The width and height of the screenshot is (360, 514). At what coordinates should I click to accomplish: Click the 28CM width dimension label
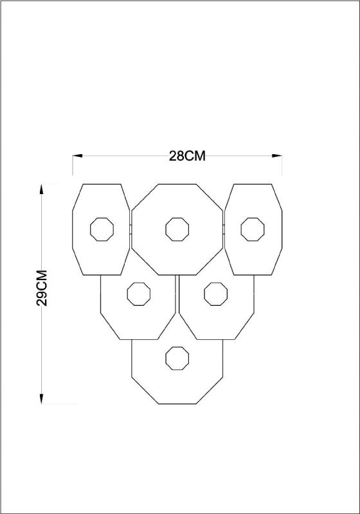[x=187, y=155]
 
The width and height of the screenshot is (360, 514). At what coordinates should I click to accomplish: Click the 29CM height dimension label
[x=42, y=288]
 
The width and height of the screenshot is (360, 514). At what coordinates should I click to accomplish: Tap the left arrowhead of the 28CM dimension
[x=77, y=155]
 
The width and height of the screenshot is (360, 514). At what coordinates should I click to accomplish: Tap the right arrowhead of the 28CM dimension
[x=277, y=155]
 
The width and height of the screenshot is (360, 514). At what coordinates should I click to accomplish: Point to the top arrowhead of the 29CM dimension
[x=41, y=189]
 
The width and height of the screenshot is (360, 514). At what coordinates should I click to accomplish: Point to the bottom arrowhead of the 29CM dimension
[x=41, y=398]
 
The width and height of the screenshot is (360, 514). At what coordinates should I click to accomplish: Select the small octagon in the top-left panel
[x=102, y=229]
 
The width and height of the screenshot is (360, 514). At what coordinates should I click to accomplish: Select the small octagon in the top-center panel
[x=177, y=229]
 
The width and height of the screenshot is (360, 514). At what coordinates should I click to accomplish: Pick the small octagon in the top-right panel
[x=253, y=229]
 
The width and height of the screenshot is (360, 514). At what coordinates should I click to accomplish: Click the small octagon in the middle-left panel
[x=139, y=294]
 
